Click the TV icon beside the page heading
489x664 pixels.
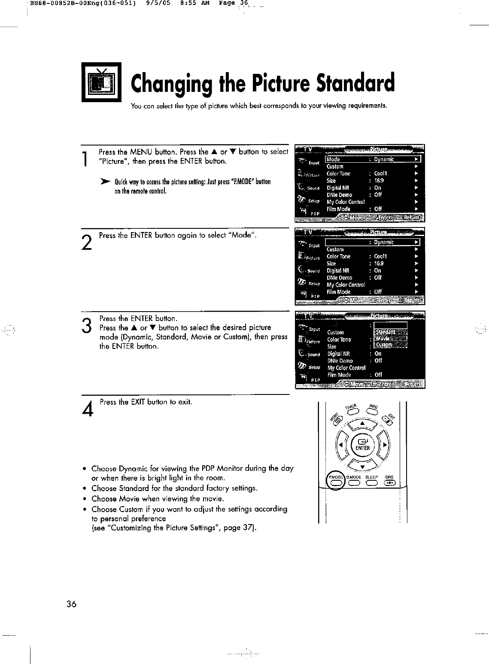click(x=102, y=82)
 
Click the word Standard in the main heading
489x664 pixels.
click(x=355, y=84)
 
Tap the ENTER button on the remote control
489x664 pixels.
click(x=362, y=445)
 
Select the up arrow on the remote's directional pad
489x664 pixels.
click(x=362, y=424)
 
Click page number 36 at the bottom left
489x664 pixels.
click(x=71, y=604)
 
